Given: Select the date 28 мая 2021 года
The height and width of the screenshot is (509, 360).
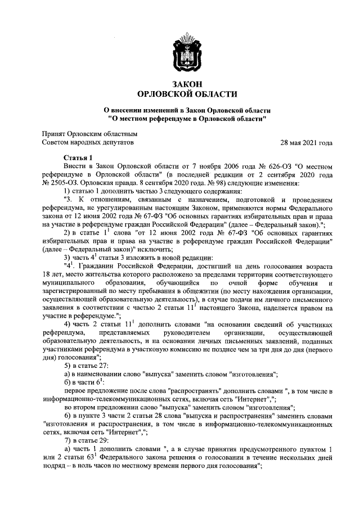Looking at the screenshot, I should (x=307, y=143).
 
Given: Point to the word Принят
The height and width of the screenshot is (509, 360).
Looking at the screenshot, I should (x=53, y=134).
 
